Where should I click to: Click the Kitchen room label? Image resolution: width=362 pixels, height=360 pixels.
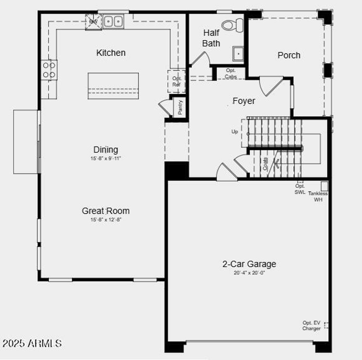[111, 53]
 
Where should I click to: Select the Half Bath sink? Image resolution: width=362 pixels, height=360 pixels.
[238, 53]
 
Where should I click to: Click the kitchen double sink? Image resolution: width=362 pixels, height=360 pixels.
[113, 22]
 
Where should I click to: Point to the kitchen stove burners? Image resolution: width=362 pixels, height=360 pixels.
[49, 70]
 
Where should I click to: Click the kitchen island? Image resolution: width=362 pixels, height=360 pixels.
[113, 86]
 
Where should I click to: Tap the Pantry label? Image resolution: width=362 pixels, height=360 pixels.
[180, 107]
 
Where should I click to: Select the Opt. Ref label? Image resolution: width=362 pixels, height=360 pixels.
[176, 81]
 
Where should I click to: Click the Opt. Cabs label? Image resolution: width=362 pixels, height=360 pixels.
[231, 74]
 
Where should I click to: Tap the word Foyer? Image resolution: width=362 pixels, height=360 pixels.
[244, 101]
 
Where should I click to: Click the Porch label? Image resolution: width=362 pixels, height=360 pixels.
[289, 55]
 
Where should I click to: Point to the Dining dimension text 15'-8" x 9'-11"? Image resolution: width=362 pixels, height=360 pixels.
[106, 159]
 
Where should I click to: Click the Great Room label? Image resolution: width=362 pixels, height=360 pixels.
[106, 211]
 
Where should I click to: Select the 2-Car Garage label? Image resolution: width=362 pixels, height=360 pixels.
[249, 264]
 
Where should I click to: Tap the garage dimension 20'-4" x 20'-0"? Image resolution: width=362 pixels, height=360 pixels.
[249, 273]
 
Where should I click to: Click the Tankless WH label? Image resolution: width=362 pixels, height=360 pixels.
[318, 196]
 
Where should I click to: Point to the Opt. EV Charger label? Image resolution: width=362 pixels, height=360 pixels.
[311, 326]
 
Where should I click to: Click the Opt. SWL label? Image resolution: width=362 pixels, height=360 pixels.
[300, 189]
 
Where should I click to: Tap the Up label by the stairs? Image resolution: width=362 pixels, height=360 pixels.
[235, 132]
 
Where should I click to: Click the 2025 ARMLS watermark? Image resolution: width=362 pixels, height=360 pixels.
[32, 343]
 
